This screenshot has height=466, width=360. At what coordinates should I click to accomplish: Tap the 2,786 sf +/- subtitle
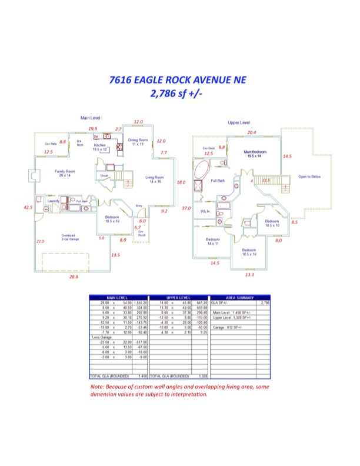tap(176, 93)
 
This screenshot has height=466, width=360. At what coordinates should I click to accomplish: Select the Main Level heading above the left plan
tap(91, 118)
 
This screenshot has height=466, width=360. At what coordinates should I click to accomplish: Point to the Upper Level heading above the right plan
tap(239, 122)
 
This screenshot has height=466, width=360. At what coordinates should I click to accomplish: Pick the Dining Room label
tap(138, 142)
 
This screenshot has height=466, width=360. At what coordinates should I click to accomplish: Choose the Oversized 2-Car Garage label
tap(72, 237)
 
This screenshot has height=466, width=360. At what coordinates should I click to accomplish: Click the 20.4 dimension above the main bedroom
tap(252, 132)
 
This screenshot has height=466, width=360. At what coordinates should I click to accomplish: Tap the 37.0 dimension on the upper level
tap(186, 208)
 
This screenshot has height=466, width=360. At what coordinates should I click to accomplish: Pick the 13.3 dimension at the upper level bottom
tap(249, 274)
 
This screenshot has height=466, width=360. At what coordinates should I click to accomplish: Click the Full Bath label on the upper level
tap(218, 181)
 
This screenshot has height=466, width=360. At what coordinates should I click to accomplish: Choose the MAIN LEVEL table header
tap(118, 297)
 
